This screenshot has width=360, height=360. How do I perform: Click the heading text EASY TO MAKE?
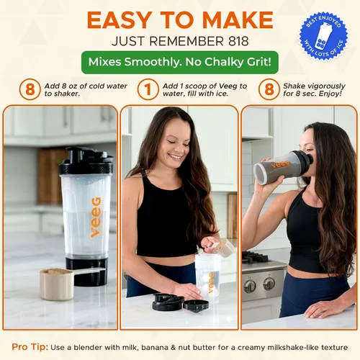click(180, 20)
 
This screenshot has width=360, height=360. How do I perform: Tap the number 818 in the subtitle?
click(238, 41)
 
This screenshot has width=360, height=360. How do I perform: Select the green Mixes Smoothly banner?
click(180, 62)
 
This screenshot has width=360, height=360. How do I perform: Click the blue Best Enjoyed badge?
click(323, 36)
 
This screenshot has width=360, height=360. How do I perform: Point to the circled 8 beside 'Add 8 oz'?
click(30, 89)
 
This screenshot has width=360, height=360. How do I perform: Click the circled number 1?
click(148, 89)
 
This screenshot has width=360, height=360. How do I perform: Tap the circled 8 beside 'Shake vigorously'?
click(269, 89)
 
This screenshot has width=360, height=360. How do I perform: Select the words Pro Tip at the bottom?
click(30, 347)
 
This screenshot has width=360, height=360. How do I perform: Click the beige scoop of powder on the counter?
click(57, 284)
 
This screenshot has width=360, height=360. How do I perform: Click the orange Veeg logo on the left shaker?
click(96, 217)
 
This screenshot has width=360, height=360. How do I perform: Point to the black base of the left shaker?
click(86, 272)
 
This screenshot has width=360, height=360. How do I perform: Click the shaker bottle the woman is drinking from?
click(283, 167)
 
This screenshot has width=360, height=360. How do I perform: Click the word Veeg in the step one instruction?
click(228, 86)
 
